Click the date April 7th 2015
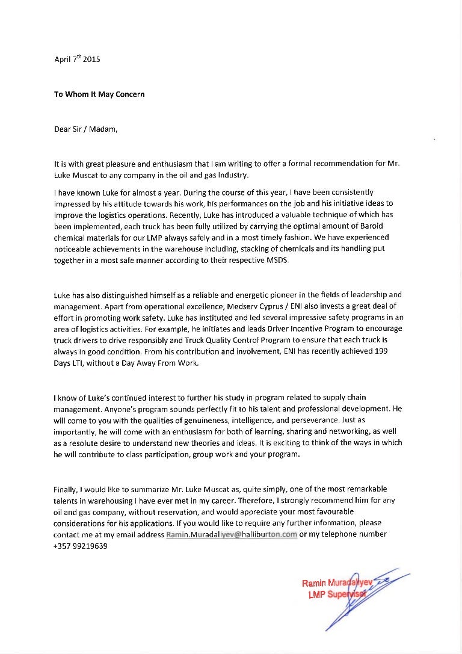tap(77, 59)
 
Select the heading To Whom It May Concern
tap(99, 94)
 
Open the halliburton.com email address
tap(232, 534)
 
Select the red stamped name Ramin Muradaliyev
tap(337, 584)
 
